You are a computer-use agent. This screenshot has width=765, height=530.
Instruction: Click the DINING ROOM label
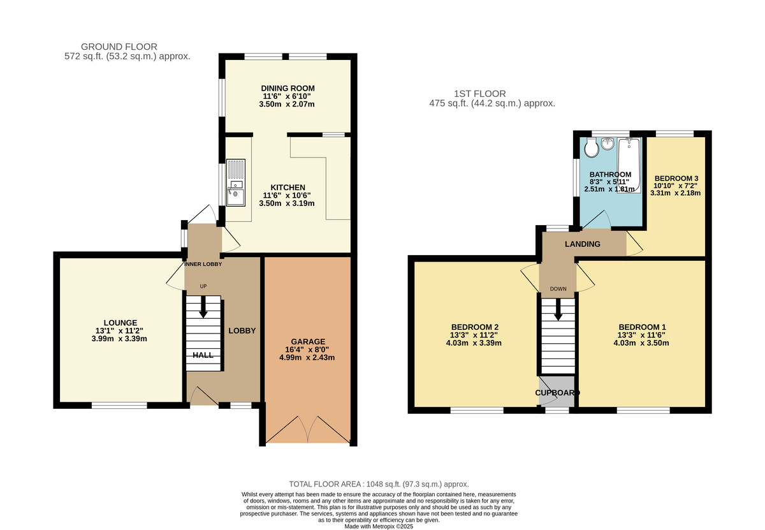point(288,88)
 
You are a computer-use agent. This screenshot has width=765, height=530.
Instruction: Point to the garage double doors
point(308,431)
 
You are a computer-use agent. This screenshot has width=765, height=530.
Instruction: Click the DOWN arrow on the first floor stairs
point(558,310)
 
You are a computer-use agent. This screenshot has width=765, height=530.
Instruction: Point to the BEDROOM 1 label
point(642,327)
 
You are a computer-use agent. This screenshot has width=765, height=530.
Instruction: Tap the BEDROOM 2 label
point(475,327)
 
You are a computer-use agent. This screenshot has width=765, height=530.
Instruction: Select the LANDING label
point(582,244)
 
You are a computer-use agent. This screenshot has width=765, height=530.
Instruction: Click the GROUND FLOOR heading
point(119,47)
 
